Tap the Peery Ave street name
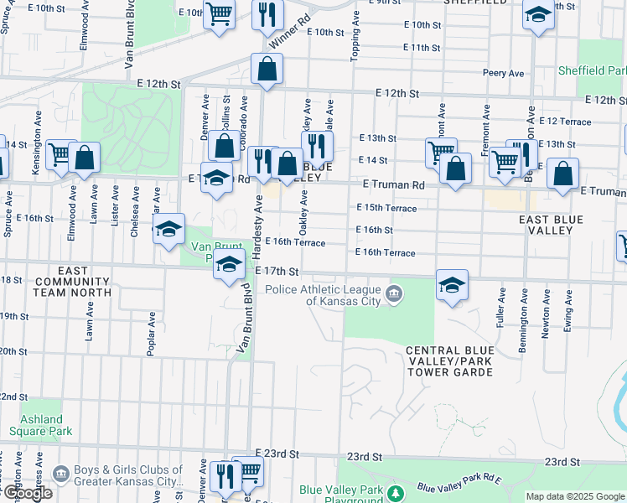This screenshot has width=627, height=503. [x=504, y=74]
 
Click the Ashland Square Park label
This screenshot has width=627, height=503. [x=42, y=425]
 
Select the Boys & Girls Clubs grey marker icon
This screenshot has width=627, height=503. [x=60, y=475]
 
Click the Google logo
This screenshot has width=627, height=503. [x=28, y=494]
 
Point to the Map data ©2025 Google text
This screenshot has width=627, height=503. [x=575, y=496]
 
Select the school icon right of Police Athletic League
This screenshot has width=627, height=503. [x=452, y=286]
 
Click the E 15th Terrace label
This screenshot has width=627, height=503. [x=386, y=208]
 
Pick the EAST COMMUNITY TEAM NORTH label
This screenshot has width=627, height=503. [x=73, y=282]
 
